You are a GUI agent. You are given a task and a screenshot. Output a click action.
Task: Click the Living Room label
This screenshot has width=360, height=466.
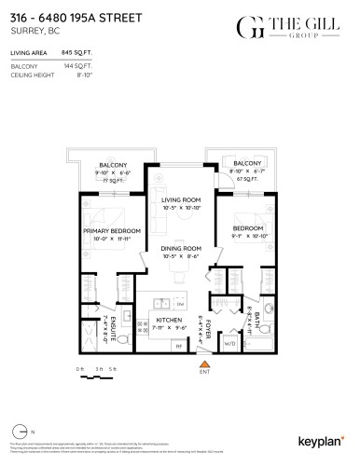click(x=182, y=199)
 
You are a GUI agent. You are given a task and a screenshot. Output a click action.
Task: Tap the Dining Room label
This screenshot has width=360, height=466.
click(x=182, y=248)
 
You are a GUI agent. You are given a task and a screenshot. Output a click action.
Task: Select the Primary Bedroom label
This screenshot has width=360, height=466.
click(x=112, y=230)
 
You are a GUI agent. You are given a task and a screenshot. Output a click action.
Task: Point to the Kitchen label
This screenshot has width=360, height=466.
click(x=168, y=320)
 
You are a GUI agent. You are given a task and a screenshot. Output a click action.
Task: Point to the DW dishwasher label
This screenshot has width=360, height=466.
click(x=180, y=305)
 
